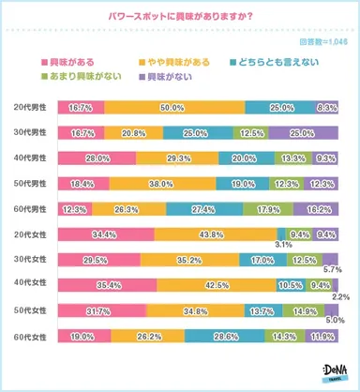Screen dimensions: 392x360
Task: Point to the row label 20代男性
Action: pyautogui.click(x=27, y=109)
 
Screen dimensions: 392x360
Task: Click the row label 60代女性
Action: pyautogui.click(x=27, y=336)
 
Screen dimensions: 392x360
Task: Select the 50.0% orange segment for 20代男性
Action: pyautogui.click(x=173, y=109)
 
